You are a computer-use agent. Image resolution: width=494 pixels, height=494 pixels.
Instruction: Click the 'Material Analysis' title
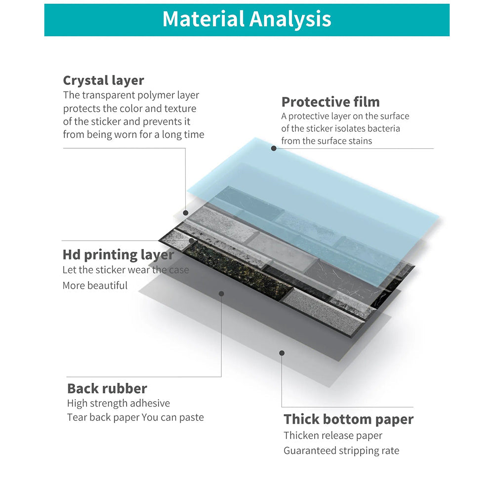(247, 20)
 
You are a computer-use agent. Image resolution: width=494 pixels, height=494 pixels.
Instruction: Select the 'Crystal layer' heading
(103, 81)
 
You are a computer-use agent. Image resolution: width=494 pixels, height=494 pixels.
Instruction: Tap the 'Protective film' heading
(330, 102)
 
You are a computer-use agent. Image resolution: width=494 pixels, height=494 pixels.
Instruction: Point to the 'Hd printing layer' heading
(118, 255)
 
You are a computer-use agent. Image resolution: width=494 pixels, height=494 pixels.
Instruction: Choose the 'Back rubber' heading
(107, 388)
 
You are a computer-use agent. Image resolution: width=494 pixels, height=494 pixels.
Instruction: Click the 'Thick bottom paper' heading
(348, 419)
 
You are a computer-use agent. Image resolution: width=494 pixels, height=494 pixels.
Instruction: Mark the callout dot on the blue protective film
(274, 148)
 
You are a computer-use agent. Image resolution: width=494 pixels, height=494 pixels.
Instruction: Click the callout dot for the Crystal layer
(186, 213)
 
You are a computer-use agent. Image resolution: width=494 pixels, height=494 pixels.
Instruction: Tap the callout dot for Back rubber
(221, 293)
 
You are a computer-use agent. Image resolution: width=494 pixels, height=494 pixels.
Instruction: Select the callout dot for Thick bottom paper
(282, 353)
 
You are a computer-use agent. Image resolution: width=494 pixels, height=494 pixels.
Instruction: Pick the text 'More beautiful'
(95, 286)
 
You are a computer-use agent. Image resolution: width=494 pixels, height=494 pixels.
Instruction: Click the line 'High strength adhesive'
(119, 404)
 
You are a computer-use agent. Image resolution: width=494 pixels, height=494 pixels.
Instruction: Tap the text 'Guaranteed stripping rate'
(341, 451)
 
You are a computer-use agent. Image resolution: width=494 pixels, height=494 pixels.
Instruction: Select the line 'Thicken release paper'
(333, 436)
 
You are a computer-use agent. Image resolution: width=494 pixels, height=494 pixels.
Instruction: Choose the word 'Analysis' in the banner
(290, 20)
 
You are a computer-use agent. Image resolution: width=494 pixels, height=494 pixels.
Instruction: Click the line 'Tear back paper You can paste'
(135, 417)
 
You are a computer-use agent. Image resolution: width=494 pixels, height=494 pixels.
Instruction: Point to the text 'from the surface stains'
(327, 141)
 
